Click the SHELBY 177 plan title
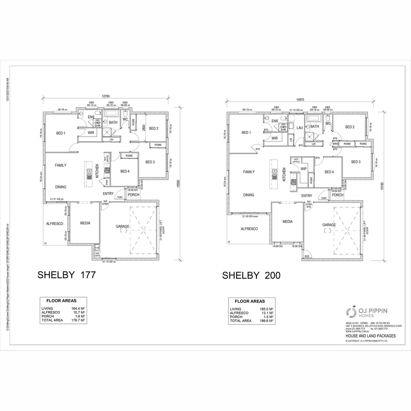tap(65, 276)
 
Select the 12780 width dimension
tap(106, 97)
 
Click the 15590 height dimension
tap(178, 184)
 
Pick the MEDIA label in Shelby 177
tap(85, 223)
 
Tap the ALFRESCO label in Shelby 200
tap(249, 229)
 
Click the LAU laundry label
tap(299, 128)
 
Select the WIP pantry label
tap(303, 169)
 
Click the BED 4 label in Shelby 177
tap(125, 172)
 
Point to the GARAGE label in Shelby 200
tap(329, 225)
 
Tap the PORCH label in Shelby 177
tap(133, 195)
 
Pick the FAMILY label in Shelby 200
tap(249, 172)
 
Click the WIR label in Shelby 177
tap(91, 133)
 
